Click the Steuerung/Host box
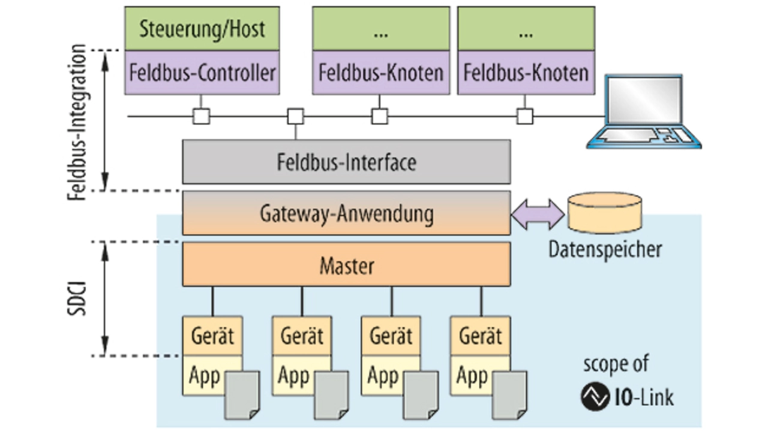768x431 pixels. [x=202, y=29]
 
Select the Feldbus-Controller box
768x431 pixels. [x=202, y=73]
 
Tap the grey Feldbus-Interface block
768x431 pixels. [x=346, y=162]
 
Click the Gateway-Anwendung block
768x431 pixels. [x=346, y=213]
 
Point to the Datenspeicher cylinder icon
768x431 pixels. [x=604, y=213]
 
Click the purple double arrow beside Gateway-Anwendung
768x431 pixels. [x=538, y=214]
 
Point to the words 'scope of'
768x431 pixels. [x=616, y=364]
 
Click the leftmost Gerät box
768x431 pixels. [x=212, y=336]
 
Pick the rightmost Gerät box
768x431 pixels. [x=480, y=336]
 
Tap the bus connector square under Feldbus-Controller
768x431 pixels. [x=201, y=116]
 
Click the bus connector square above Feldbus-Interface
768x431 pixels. [x=295, y=116]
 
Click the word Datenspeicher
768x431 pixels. [x=605, y=249]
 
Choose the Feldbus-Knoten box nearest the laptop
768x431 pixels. [x=526, y=73]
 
